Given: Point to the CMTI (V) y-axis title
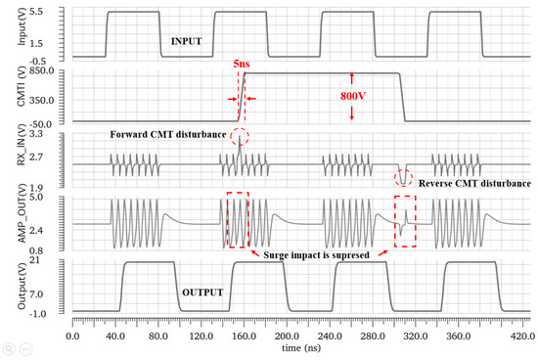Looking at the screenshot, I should point(9,95).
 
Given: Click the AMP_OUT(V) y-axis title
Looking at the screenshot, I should point(9,224).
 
